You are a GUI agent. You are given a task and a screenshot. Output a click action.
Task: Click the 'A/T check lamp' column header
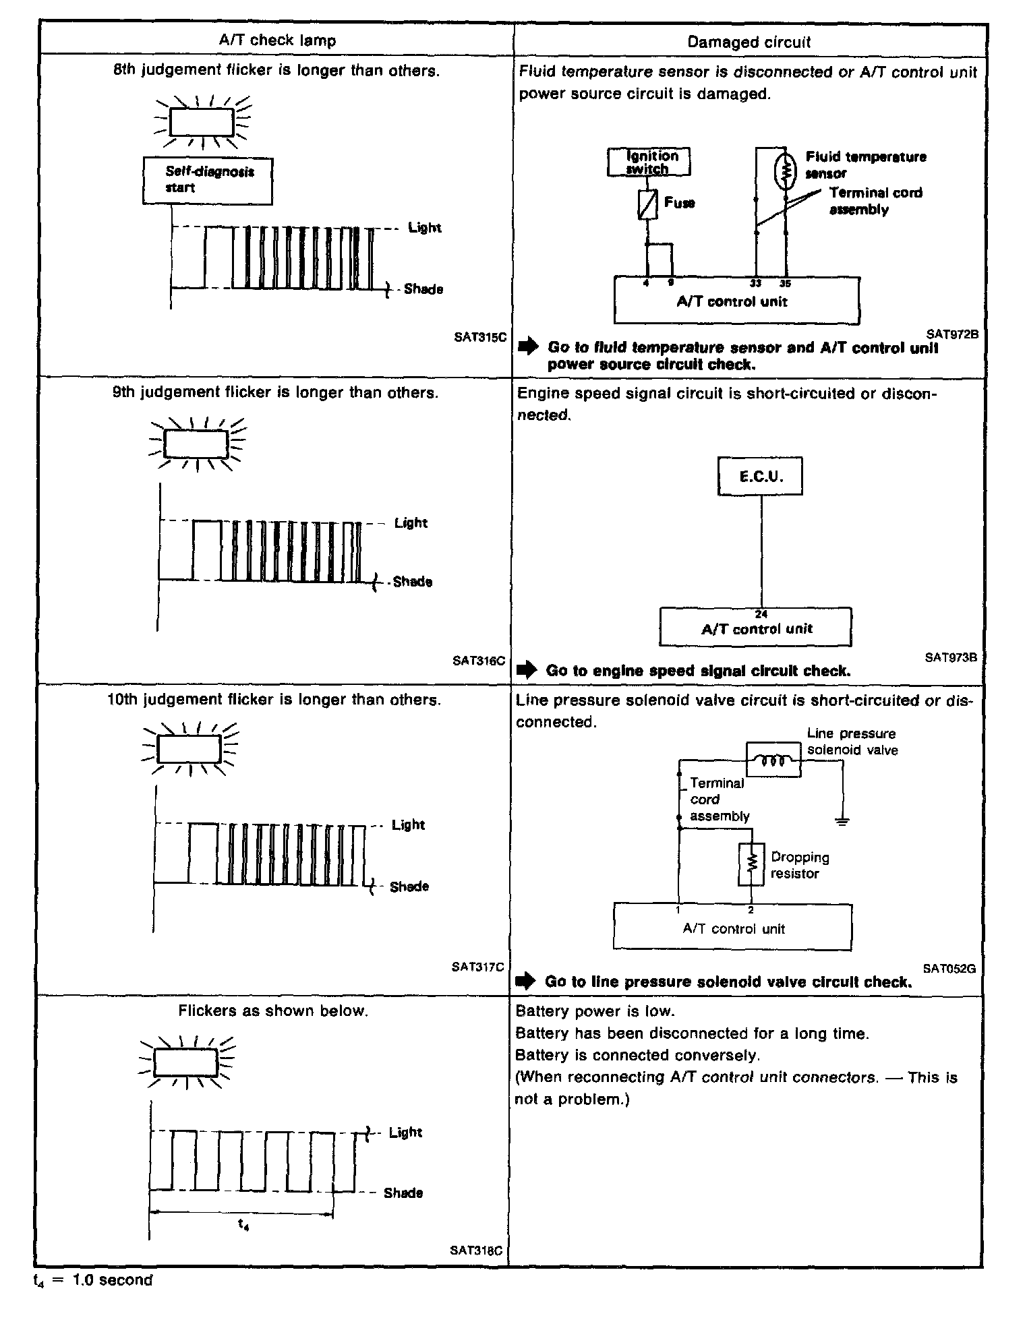[277, 40]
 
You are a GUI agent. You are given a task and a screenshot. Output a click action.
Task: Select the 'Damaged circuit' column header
[749, 42]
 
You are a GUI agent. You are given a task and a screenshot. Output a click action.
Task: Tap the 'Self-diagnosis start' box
[208, 180]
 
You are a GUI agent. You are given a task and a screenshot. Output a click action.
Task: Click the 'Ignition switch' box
[649, 162]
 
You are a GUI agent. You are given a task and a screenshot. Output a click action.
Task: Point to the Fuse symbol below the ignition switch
[647, 204]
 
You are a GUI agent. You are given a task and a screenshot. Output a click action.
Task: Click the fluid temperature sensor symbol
[786, 172]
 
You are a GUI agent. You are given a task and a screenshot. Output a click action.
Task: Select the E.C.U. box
[760, 477]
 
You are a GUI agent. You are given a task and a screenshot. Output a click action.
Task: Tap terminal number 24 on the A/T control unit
[761, 614]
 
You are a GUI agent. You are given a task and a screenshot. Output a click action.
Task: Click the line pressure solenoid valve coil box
[773, 760]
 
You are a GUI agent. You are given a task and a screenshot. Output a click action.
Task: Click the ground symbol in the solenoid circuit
[842, 821]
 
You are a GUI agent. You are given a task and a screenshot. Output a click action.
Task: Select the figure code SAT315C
[479, 337]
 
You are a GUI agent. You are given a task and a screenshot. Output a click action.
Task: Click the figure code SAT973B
[951, 657]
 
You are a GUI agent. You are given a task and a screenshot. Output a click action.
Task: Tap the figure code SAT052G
[949, 969]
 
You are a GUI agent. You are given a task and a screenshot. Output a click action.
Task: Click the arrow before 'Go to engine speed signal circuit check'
[527, 671]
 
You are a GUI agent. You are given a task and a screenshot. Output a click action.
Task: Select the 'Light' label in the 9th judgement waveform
[411, 523]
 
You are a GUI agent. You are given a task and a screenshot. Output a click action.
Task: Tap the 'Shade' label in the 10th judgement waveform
[409, 886]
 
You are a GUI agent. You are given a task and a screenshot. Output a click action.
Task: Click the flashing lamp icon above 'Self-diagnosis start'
[202, 122]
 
